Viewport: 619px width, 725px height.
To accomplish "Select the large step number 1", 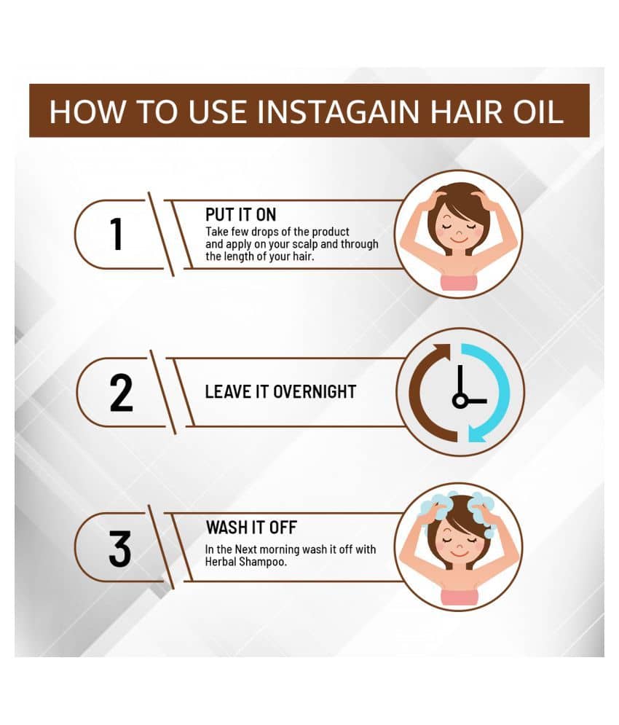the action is [117, 234].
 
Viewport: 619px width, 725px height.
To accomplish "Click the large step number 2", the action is [121, 393].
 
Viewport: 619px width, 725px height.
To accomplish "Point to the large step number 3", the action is [119, 549].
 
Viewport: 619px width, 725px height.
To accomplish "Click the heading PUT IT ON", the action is [240, 214].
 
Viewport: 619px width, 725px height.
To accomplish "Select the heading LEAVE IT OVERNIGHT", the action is [280, 391].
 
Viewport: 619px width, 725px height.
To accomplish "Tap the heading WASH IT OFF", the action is [251, 527].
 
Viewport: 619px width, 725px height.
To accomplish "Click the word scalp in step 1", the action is [305, 244].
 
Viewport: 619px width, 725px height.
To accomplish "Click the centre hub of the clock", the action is [460, 400].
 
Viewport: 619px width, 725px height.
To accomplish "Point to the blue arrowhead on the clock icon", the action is [479, 434].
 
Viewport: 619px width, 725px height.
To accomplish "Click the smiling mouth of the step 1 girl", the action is [457, 240].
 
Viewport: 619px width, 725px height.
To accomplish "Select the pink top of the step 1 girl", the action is [458, 282].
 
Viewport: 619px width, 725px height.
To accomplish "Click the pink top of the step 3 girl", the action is [458, 597].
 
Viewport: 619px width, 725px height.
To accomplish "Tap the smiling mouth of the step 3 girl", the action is [457, 554].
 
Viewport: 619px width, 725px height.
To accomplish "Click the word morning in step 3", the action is [279, 550].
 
